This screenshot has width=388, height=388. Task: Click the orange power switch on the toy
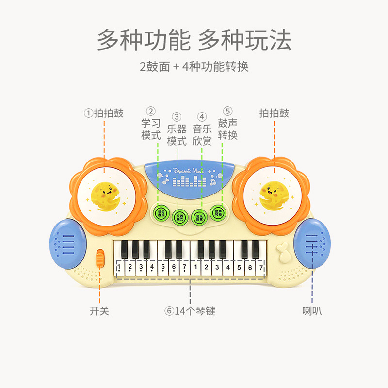point(100,259)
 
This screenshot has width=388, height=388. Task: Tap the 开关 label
point(99,311)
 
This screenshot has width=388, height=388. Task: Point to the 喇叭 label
point(312,311)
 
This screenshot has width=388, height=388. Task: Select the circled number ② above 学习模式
point(151,111)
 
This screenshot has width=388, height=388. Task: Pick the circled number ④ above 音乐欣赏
point(202,116)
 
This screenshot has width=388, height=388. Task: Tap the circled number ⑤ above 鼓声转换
point(227,111)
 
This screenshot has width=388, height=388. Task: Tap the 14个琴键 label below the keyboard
point(190,311)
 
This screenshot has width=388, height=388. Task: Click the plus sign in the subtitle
point(176,66)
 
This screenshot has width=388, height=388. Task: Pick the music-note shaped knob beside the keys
point(282,252)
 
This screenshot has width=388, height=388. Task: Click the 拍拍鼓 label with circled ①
point(104,113)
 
